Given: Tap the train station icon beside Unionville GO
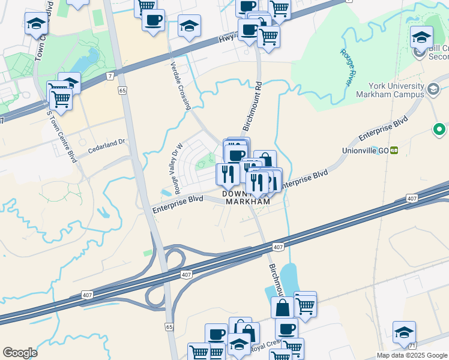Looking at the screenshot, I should (394, 150).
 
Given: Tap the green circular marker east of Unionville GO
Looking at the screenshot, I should (439, 129).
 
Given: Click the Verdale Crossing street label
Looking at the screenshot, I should (180, 85).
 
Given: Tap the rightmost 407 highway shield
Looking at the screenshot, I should (412, 197).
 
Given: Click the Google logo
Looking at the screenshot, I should (20, 353).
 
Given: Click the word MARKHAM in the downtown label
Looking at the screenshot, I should (246, 202).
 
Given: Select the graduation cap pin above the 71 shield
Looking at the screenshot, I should (404, 332).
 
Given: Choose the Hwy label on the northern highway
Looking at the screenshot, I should (226, 40).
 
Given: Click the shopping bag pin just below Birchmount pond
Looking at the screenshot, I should (282, 308).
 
